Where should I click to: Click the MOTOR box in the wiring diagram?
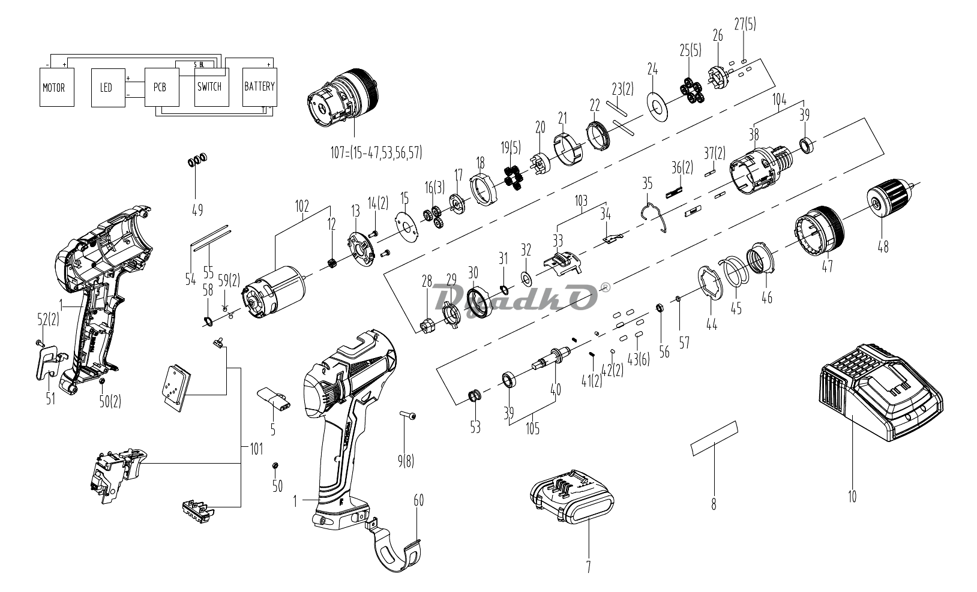pos(56,87)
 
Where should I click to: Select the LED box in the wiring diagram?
pos(108,88)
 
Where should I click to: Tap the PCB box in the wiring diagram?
pos(162,87)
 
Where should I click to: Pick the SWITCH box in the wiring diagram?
pos(211,87)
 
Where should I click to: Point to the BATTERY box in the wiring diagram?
pos(259,87)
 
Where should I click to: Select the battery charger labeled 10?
pos(879,393)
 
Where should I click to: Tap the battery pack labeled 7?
pos(572,497)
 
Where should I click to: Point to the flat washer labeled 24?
pos(657,107)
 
